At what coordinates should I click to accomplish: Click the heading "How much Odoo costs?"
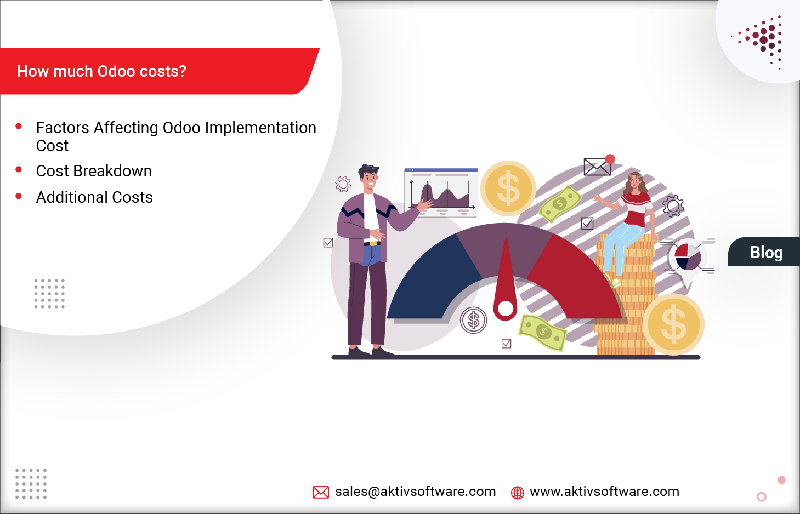tap(102, 71)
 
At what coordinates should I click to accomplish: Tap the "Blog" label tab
tap(766, 253)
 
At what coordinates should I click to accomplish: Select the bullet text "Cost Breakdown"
tap(94, 171)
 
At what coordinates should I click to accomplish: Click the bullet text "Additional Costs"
tap(94, 197)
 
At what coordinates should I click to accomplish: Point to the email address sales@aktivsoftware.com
tap(415, 492)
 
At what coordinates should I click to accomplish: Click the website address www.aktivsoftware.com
tap(604, 492)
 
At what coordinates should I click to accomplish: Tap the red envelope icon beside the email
tap(321, 492)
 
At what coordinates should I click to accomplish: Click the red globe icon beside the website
tap(517, 493)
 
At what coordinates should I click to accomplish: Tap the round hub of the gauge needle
tap(506, 309)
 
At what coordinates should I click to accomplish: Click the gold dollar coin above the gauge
tap(508, 188)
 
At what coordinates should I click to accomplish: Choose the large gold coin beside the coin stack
tap(673, 324)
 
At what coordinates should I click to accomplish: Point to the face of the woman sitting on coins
tap(634, 182)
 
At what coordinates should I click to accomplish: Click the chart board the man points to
tap(441, 192)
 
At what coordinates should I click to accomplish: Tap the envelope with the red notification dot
tap(597, 166)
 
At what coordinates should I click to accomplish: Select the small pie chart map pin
tap(688, 258)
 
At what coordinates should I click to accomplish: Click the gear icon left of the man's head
tap(343, 184)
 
